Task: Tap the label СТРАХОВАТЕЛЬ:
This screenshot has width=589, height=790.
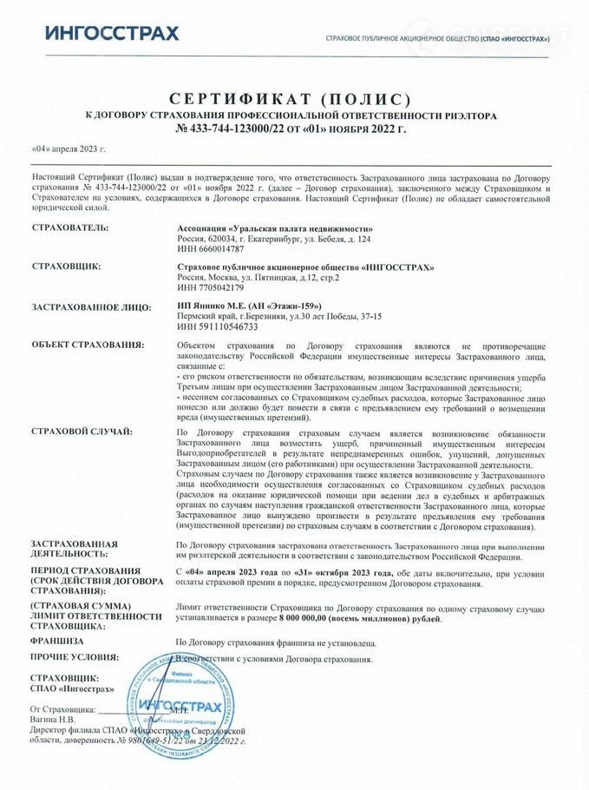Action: [69, 227]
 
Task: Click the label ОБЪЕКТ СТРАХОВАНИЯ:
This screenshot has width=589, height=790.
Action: [87, 345]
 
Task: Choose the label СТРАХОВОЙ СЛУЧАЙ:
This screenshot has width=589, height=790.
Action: [82, 431]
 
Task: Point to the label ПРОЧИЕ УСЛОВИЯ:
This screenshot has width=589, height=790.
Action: [74, 657]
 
